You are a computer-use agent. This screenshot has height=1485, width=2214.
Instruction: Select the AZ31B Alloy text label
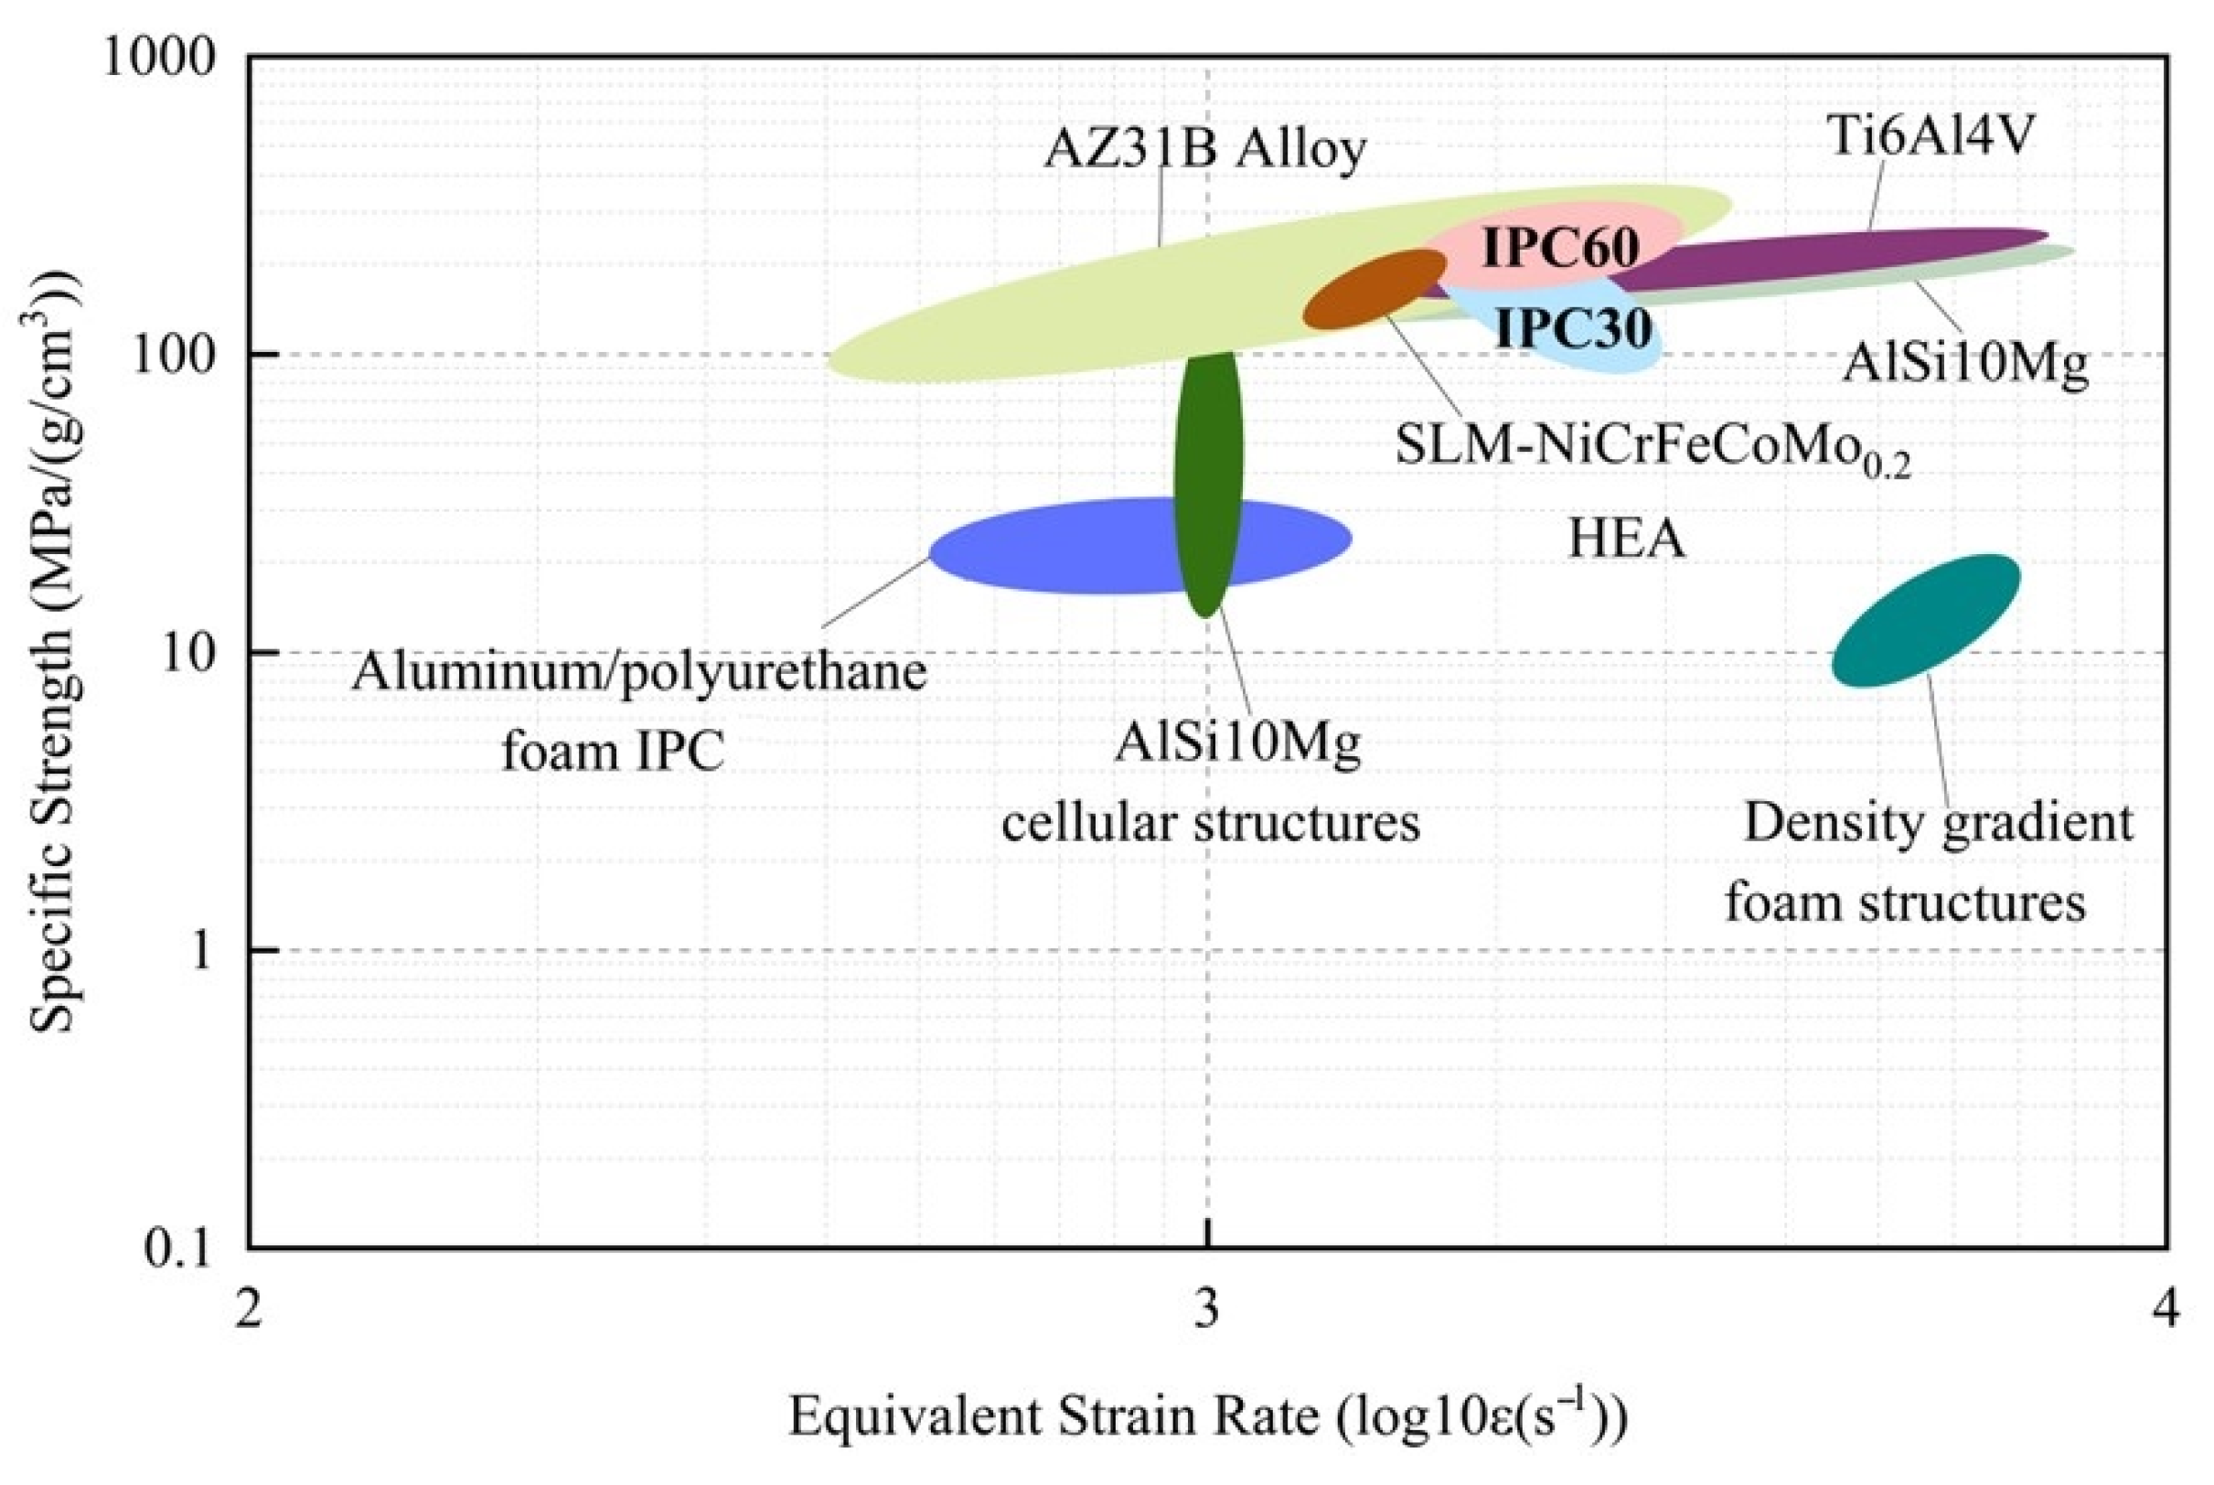1205,150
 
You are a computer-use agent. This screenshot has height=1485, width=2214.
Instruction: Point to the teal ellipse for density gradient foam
1926,620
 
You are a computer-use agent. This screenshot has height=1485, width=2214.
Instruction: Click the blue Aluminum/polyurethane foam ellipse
1061,548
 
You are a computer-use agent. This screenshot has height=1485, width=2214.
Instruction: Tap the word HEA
1626,540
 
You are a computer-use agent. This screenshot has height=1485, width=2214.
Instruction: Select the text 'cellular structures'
1211,823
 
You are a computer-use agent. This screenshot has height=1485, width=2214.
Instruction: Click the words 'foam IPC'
613,753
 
